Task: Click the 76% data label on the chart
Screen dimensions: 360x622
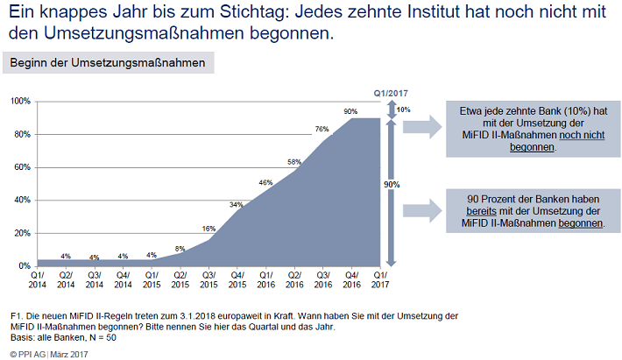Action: click(x=322, y=129)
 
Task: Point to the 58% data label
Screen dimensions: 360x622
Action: click(x=294, y=162)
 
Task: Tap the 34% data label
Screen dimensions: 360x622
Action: click(x=237, y=204)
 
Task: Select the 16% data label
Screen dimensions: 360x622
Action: click(x=209, y=229)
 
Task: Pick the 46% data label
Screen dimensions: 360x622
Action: click(x=265, y=182)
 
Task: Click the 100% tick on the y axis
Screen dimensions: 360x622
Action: click(x=21, y=102)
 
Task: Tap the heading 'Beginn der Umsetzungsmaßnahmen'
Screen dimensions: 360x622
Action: click(x=108, y=63)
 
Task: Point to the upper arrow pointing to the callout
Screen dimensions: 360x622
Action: click(x=422, y=125)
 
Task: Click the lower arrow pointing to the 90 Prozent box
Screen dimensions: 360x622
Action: click(x=422, y=210)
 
